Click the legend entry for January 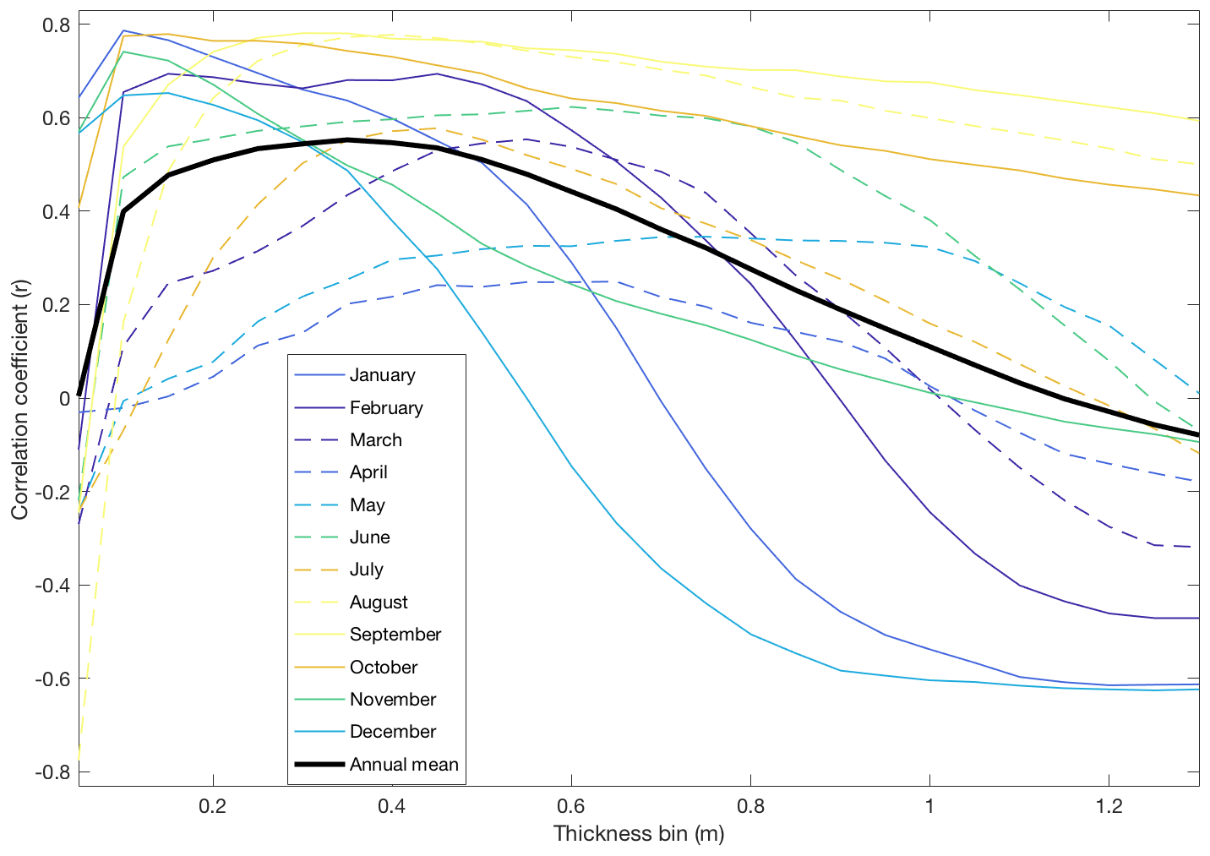[x=382, y=375]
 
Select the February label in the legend [x=386, y=408]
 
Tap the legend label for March [x=375, y=440]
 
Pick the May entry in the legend [x=367, y=505]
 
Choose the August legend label [x=379, y=602]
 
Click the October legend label [x=384, y=668]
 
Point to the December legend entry [x=392, y=732]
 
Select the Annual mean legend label [x=404, y=765]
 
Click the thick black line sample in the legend [x=319, y=765]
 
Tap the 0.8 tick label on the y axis [x=55, y=25]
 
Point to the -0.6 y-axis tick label [x=52, y=679]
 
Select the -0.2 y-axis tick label [x=52, y=492]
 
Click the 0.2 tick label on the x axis [x=213, y=806]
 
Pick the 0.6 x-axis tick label [x=571, y=806]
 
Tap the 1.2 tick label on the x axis [x=1109, y=806]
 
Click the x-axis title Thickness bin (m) [x=639, y=834]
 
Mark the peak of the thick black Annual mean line [x=347, y=139]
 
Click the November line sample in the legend [x=319, y=700]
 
